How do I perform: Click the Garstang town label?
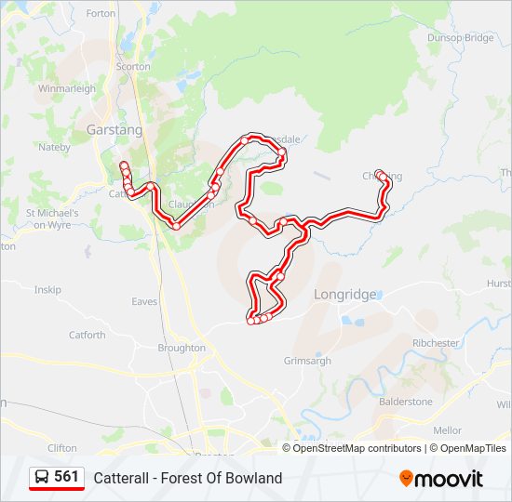[115, 130]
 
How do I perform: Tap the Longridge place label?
[344, 295]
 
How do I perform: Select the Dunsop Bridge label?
[460, 38]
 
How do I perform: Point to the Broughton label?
[182, 348]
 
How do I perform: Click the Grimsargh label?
[307, 360]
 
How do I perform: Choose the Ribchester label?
[437, 343]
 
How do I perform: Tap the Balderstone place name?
[405, 402]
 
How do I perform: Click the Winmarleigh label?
[67, 89]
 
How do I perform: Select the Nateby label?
[54, 147]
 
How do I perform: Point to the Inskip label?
[47, 290]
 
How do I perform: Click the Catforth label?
[87, 335]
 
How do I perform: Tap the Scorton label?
[133, 67]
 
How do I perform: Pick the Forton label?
[101, 14]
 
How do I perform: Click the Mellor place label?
[447, 430]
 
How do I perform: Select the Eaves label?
[144, 301]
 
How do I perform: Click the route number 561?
[66, 477]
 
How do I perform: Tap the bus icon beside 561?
[42, 477]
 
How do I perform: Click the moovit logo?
[441, 479]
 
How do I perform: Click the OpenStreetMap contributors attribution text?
[357, 448]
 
